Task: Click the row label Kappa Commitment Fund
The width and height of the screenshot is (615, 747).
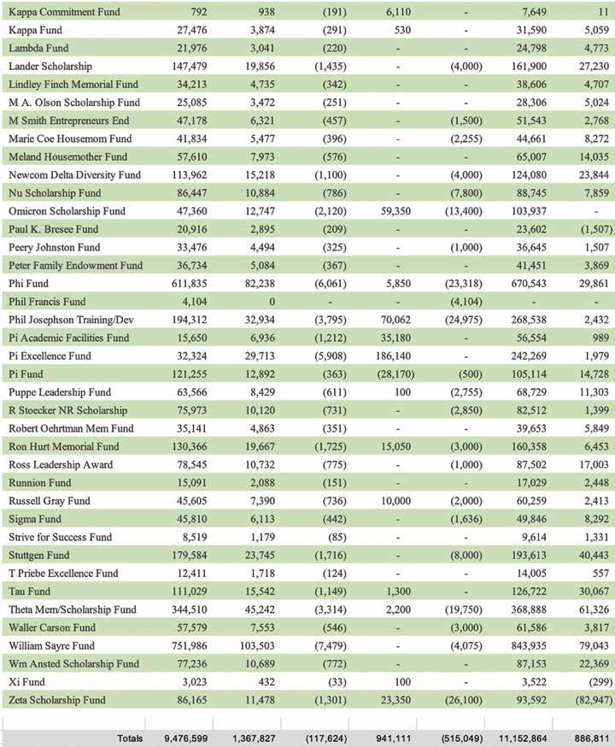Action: click(63, 13)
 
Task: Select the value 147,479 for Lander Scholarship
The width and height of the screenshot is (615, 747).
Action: click(180, 66)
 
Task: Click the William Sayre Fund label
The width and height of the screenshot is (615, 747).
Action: click(51, 645)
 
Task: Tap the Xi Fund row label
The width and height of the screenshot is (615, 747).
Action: click(27, 681)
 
